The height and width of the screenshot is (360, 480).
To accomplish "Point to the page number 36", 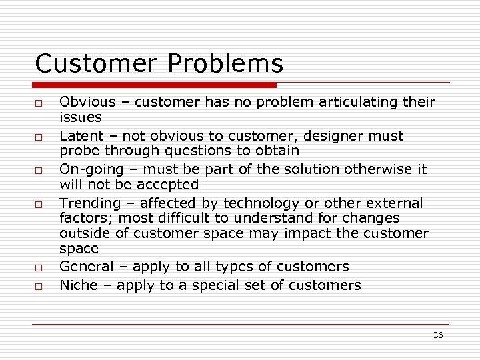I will pos(437,335).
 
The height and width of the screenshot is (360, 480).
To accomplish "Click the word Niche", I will pos(77,286).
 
